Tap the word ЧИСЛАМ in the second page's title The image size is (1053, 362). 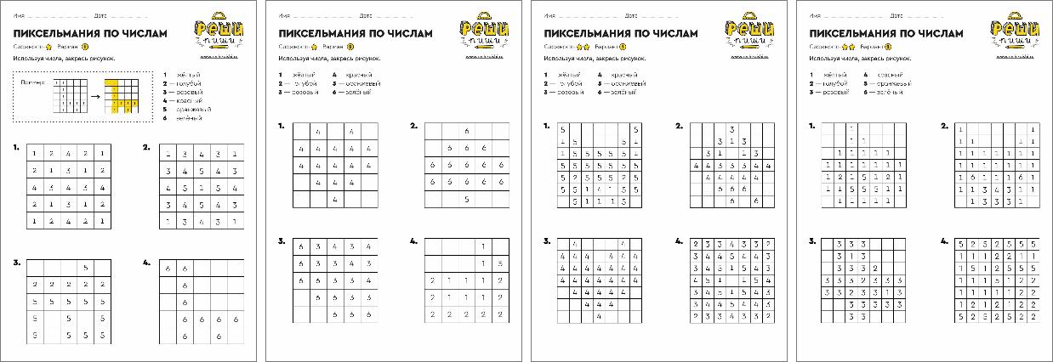tap(404, 33)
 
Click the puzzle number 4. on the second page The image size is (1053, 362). tap(413, 241)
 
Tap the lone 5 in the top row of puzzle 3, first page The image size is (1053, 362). tap(84, 268)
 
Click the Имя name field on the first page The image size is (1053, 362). tap(43, 15)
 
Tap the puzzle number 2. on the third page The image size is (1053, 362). tap(679, 126)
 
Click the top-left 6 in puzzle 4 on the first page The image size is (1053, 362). tap(167, 268)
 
